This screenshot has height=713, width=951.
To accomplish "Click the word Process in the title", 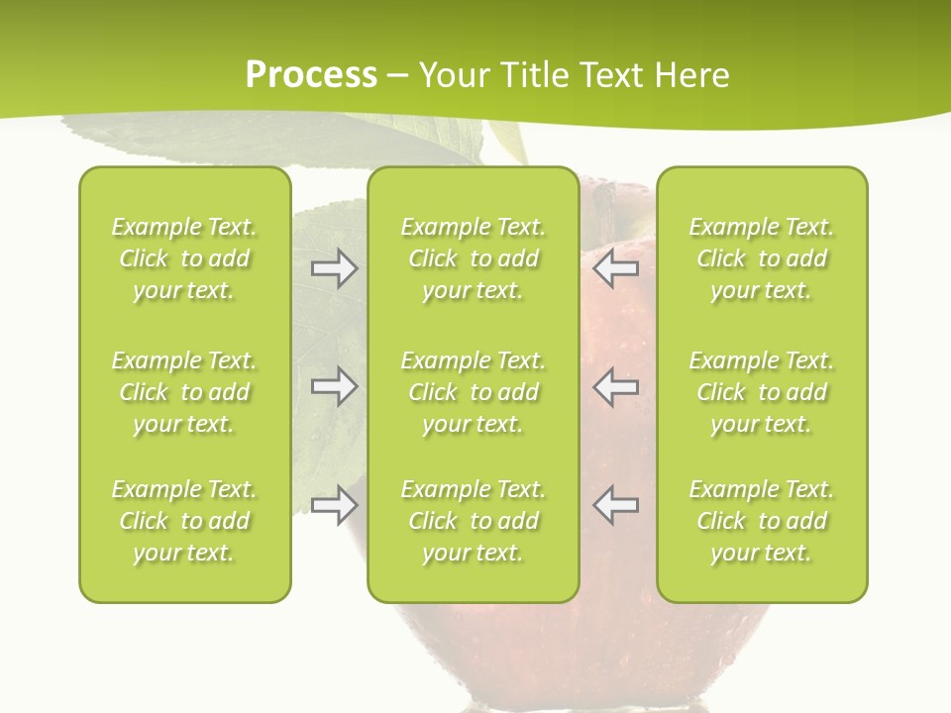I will click(311, 75).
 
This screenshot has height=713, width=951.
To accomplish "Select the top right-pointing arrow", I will click(334, 268).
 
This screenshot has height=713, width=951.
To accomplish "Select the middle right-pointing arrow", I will click(334, 386).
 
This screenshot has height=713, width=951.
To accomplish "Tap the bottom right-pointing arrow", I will click(334, 505).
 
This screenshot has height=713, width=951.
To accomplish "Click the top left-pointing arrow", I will click(616, 268).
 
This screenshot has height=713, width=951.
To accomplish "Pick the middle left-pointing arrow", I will click(616, 386).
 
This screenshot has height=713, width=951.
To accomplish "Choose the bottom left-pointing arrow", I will click(616, 505).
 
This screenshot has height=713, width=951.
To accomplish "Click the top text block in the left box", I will click(184, 258).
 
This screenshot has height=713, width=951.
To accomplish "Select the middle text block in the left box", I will click(184, 392).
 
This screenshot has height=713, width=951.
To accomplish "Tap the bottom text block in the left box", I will click(184, 521).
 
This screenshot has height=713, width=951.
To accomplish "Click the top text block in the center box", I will click(474, 258).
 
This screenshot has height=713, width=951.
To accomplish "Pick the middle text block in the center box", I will click(474, 392).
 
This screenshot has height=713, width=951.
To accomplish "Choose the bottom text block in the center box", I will click(474, 521).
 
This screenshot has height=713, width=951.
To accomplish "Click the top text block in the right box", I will click(762, 258).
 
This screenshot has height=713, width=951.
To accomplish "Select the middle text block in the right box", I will click(762, 392).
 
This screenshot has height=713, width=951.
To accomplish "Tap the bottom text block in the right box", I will click(762, 521).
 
